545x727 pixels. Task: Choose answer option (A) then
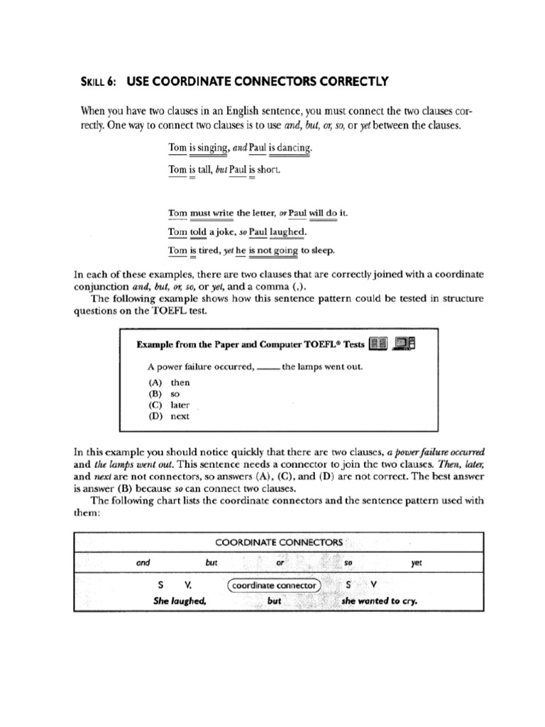click(169, 382)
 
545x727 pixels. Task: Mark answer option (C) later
click(170, 405)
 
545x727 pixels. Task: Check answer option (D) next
click(169, 416)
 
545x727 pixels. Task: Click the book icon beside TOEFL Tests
click(378, 344)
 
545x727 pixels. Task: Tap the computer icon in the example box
click(405, 344)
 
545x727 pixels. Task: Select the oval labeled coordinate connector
click(274, 586)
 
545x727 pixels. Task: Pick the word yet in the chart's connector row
click(417, 562)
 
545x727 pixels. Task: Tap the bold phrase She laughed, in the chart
click(180, 601)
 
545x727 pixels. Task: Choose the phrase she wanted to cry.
click(379, 601)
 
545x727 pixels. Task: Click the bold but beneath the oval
click(275, 601)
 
